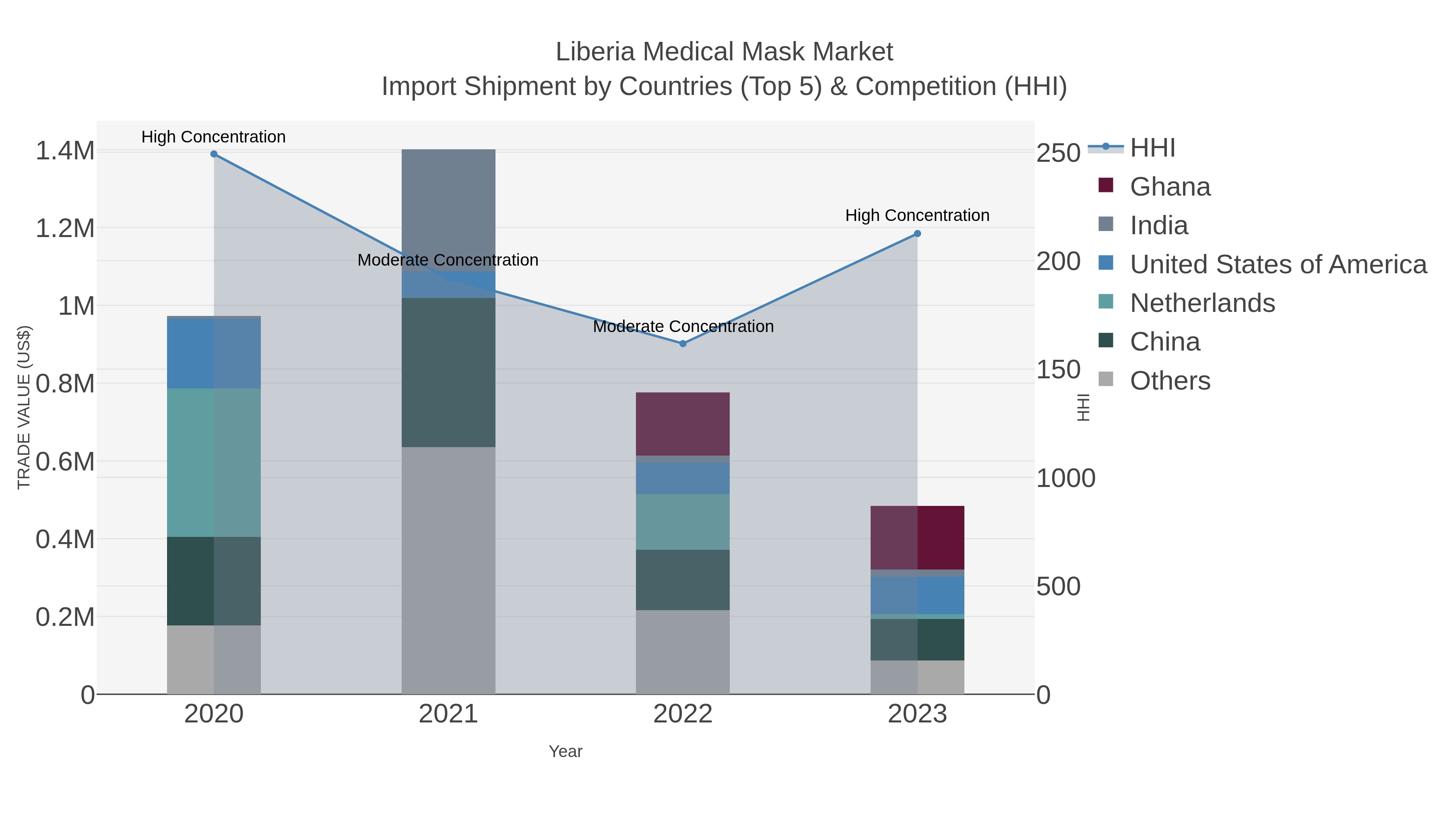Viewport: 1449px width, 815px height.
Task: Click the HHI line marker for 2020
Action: tap(214, 154)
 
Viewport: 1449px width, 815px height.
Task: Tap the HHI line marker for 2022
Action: tap(683, 344)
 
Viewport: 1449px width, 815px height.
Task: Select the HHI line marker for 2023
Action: tap(917, 233)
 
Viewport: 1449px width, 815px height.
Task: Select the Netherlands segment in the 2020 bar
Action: tap(214, 462)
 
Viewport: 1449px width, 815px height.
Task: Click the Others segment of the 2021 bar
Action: tap(448, 570)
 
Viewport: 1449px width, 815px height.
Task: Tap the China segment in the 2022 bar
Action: tap(683, 580)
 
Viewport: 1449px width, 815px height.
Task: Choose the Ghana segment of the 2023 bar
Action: tap(917, 538)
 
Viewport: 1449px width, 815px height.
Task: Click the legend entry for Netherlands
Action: tap(1202, 303)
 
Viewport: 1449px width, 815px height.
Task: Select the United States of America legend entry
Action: tap(1278, 264)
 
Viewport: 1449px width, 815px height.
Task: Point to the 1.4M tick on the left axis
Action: tap(65, 151)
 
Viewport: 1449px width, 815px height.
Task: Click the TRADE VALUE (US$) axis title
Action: tap(24, 407)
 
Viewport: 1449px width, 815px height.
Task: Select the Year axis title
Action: tap(566, 751)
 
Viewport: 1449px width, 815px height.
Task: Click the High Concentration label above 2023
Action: tap(917, 215)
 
